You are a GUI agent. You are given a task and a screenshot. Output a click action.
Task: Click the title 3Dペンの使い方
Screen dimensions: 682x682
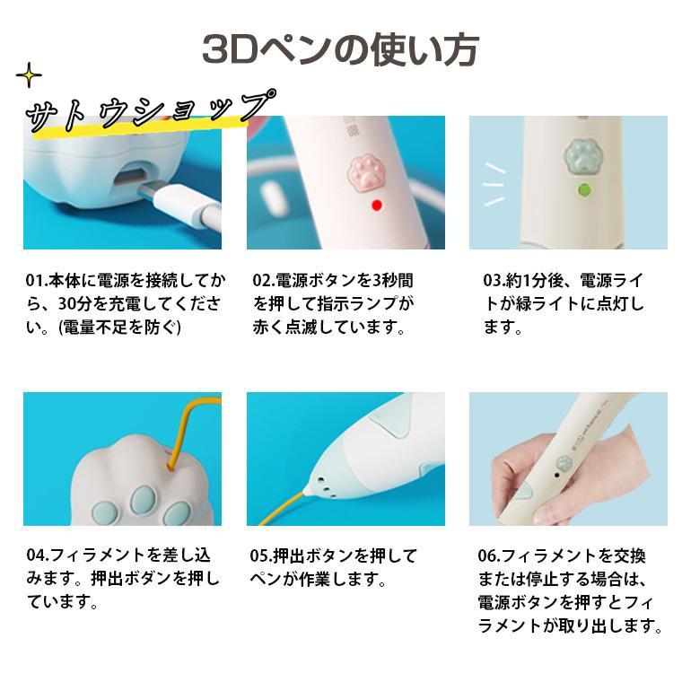pyautogui.click(x=341, y=50)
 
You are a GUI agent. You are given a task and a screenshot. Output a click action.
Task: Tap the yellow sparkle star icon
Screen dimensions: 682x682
pyautogui.click(x=29, y=74)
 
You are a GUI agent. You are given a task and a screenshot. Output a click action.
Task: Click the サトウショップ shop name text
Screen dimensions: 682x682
pyautogui.click(x=150, y=110)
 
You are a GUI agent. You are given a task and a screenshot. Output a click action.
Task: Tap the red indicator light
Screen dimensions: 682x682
pyautogui.click(x=377, y=205)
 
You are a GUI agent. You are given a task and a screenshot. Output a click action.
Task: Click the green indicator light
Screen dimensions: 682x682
pyautogui.click(x=583, y=190)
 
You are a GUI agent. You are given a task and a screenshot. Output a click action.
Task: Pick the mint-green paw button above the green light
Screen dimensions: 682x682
pyautogui.click(x=582, y=156)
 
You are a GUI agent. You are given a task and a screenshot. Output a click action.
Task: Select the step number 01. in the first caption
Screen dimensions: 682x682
pyautogui.click(x=36, y=281)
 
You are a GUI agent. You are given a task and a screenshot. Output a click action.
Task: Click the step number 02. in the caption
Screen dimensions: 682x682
pyautogui.click(x=264, y=281)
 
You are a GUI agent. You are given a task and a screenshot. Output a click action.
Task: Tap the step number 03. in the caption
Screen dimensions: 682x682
pyautogui.click(x=494, y=281)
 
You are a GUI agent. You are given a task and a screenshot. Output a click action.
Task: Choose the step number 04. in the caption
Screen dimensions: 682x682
pyautogui.click(x=38, y=555)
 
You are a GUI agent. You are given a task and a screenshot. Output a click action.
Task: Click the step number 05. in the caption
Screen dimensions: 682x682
pyautogui.click(x=261, y=555)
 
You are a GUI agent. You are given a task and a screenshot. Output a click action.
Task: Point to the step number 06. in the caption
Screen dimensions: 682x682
pyautogui.click(x=489, y=555)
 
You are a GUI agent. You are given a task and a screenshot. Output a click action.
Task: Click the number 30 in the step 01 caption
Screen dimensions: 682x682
pyautogui.click(x=67, y=304)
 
